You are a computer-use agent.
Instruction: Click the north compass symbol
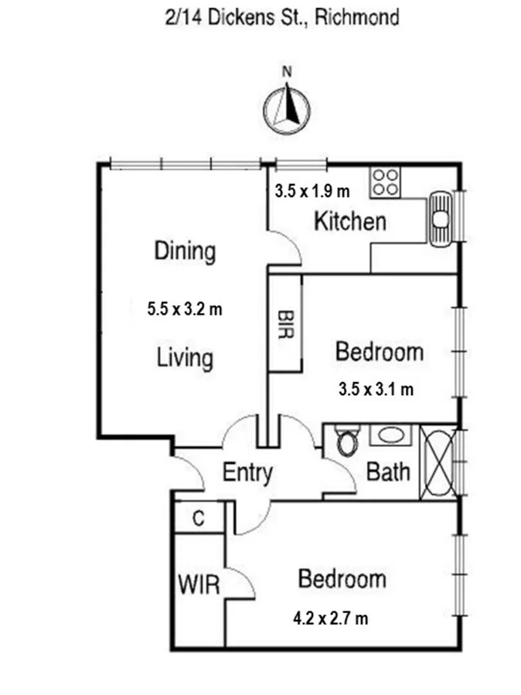click(x=287, y=107)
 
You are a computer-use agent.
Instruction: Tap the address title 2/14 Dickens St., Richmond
click(x=281, y=16)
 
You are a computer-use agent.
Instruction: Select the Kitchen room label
click(x=349, y=222)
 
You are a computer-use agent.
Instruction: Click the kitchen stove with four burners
click(x=385, y=182)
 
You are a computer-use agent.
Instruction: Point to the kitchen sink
click(x=441, y=218)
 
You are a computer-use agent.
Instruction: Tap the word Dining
click(x=185, y=251)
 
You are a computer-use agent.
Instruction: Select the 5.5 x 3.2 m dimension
click(x=185, y=309)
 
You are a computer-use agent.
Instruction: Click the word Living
click(x=185, y=358)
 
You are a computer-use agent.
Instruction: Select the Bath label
click(x=388, y=471)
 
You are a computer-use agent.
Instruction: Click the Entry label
click(x=247, y=472)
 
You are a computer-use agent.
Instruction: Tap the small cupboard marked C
click(x=198, y=519)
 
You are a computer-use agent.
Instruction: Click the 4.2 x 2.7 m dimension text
click(x=330, y=618)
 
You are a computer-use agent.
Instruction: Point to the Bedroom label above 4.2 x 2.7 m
click(x=342, y=578)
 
